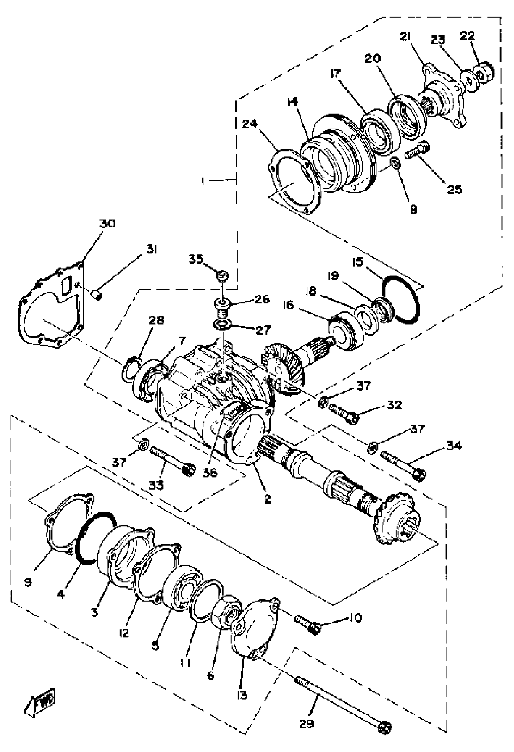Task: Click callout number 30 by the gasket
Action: click(107, 224)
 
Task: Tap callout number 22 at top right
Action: click(467, 36)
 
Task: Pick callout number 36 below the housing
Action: click(210, 473)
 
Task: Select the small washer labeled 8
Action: click(395, 162)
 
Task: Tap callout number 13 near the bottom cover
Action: click(242, 695)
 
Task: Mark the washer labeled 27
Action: click(222, 324)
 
